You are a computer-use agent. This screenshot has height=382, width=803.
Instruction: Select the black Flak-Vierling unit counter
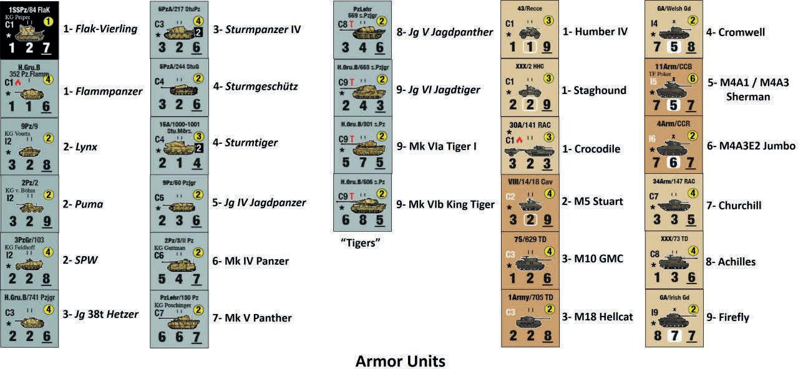click(x=29, y=29)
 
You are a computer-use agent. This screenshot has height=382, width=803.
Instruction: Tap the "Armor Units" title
click(x=400, y=361)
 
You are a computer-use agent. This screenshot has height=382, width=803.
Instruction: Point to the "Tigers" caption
click(x=361, y=242)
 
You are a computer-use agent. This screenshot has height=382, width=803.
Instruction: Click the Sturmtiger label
click(x=245, y=143)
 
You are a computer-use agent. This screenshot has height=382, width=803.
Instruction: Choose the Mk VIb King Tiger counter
click(x=363, y=203)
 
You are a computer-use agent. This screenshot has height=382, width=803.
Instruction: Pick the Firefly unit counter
click(x=674, y=318)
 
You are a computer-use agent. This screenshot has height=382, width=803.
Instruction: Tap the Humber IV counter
click(x=530, y=29)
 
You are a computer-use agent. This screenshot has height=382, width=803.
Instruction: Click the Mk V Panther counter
click(x=179, y=318)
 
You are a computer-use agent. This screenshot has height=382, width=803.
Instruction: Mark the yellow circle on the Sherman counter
click(x=692, y=79)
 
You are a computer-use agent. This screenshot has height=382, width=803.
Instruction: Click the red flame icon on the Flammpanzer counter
click(x=17, y=82)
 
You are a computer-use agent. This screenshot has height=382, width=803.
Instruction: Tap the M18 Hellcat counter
click(x=530, y=318)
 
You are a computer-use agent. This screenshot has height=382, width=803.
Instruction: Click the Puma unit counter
click(x=29, y=203)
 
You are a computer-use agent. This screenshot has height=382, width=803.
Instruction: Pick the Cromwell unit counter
click(x=674, y=29)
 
